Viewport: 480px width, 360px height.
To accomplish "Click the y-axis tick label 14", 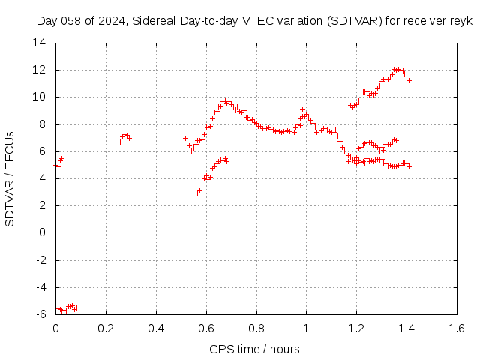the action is click(39, 43).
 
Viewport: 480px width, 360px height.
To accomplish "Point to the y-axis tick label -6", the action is click(41, 314).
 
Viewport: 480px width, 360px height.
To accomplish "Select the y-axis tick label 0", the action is click(43, 232).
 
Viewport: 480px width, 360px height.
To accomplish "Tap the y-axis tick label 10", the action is click(39, 97).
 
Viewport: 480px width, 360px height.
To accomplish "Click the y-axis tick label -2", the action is click(41, 260).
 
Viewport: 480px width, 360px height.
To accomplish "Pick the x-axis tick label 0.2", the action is click(106, 328).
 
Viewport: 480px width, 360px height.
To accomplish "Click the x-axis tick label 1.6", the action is click(457, 328).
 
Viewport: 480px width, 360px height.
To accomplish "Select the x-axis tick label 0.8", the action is click(256, 328).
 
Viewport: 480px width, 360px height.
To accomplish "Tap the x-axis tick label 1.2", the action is click(357, 328).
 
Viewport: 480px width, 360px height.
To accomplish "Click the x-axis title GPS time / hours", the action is click(254, 349).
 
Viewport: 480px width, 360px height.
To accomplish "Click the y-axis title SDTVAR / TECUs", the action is click(10, 179).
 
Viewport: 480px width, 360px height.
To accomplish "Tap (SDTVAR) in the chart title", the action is click(355, 21).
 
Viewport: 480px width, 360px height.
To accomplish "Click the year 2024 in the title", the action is click(112, 21).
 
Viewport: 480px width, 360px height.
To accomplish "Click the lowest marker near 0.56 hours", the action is click(197, 193).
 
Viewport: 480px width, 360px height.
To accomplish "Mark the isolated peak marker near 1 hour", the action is click(303, 109).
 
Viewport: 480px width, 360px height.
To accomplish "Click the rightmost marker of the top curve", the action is click(409, 81).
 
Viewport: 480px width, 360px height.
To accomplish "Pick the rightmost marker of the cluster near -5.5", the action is click(79, 307).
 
